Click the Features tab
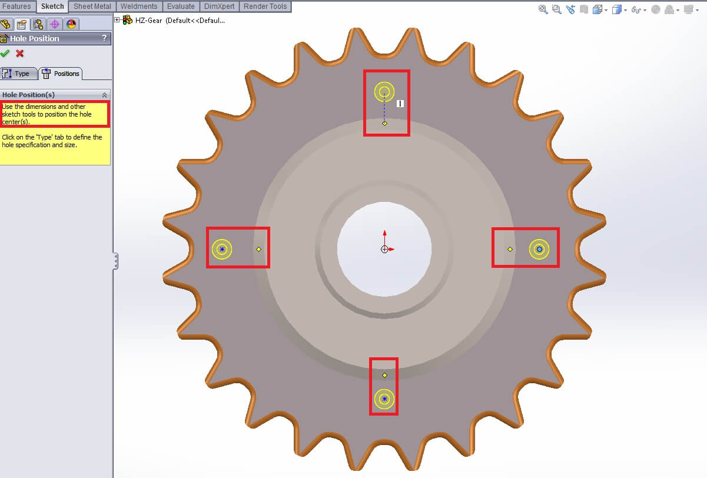click(x=17, y=6)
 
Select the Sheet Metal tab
click(x=92, y=6)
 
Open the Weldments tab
click(x=139, y=6)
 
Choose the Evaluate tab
click(x=181, y=6)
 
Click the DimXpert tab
click(x=219, y=6)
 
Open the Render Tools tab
click(x=265, y=6)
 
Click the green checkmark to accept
click(x=5, y=54)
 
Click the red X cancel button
click(x=20, y=54)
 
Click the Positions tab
click(x=61, y=74)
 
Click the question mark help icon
click(x=105, y=38)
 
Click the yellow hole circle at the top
click(x=384, y=92)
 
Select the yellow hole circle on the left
click(x=222, y=250)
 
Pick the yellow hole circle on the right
click(x=539, y=250)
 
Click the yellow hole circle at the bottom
click(x=384, y=399)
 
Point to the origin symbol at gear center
click(x=384, y=250)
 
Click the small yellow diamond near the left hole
click(x=259, y=250)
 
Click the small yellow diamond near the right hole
click(x=510, y=250)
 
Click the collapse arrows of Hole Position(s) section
click(x=104, y=95)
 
